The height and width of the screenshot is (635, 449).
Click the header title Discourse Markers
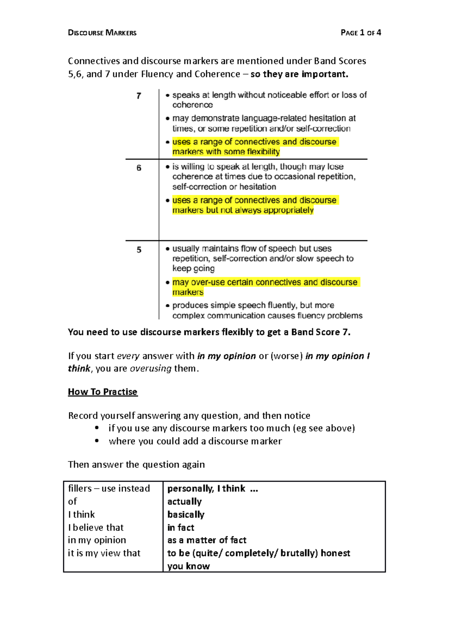pyautogui.click(x=102, y=33)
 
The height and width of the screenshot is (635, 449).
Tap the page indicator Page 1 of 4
pyautogui.click(x=361, y=33)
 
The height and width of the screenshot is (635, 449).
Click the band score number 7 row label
pyautogui.click(x=139, y=96)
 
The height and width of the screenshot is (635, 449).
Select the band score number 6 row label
pyautogui.click(x=139, y=168)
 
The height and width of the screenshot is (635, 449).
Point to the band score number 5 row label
pyautogui.click(x=139, y=250)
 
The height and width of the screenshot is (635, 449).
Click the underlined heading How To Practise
pyautogui.click(x=103, y=392)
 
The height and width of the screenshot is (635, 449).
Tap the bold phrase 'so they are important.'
pyautogui.click(x=299, y=74)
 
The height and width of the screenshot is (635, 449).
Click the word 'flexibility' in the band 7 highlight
pyautogui.click(x=263, y=152)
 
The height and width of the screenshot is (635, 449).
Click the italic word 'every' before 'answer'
pyautogui.click(x=128, y=356)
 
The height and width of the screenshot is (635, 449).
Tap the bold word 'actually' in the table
pyautogui.click(x=184, y=501)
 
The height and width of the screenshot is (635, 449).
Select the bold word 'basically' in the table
pyautogui.click(x=186, y=515)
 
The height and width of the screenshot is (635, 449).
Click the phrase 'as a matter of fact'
pyautogui.click(x=207, y=540)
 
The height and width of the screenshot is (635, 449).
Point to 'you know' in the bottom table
pyautogui.click(x=188, y=566)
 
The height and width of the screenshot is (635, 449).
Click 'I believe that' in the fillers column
pyautogui.click(x=96, y=528)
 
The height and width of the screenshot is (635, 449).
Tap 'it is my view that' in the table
pyautogui.click(x=104, y=553)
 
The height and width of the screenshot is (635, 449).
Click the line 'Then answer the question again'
pyautogui.click(x=136, y=465)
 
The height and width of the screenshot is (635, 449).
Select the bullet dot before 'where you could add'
pyautogui.click(x=97, y=441)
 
